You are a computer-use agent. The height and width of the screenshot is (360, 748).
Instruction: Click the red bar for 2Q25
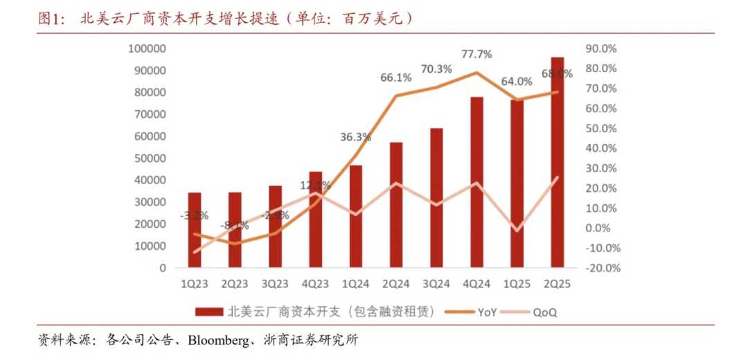point(557,163)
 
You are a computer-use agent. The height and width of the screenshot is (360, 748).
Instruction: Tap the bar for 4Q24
point(477,182)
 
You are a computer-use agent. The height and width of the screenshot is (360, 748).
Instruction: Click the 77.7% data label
point(477,54)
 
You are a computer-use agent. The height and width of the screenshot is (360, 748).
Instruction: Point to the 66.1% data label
point(396,78)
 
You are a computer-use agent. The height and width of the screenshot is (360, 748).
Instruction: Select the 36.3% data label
point(355,137)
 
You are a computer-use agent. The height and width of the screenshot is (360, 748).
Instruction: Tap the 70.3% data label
point(436,69)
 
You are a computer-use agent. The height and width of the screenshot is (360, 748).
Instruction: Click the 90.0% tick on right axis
point(601,48)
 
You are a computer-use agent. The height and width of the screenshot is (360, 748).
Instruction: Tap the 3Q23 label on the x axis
point(275,284)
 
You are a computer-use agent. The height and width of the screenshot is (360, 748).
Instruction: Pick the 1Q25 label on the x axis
point(517,284)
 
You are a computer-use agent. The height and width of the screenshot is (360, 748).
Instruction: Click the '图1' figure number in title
point(50,19)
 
